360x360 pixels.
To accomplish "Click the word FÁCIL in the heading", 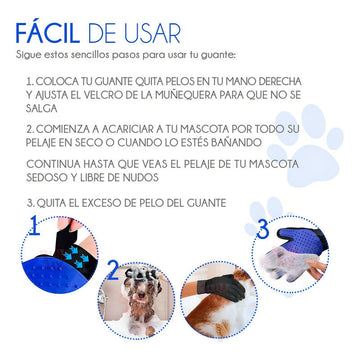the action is click(47, 32).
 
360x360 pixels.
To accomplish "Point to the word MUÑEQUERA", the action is click(180, 95).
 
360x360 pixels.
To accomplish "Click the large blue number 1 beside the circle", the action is click(35, 226).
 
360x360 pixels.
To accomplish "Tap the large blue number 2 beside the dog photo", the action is click(113, 270).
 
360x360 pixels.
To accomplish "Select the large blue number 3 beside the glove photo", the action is click(263, 229).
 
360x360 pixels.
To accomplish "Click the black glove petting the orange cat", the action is click(221, 288).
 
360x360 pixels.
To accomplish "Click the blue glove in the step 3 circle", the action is click(301, 240).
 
